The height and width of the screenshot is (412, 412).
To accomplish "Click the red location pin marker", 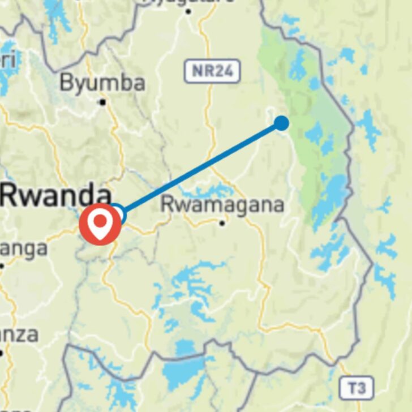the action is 100,225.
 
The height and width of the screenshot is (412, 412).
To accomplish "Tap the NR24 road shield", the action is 212,72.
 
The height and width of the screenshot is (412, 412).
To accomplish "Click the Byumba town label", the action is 102,83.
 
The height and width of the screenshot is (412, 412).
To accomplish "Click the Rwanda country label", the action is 55,195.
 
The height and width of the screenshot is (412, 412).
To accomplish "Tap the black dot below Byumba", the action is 102,102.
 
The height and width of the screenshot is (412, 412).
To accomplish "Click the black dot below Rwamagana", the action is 222,223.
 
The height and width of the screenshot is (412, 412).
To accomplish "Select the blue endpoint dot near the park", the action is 281,123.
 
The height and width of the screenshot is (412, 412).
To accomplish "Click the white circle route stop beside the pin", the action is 117,213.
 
